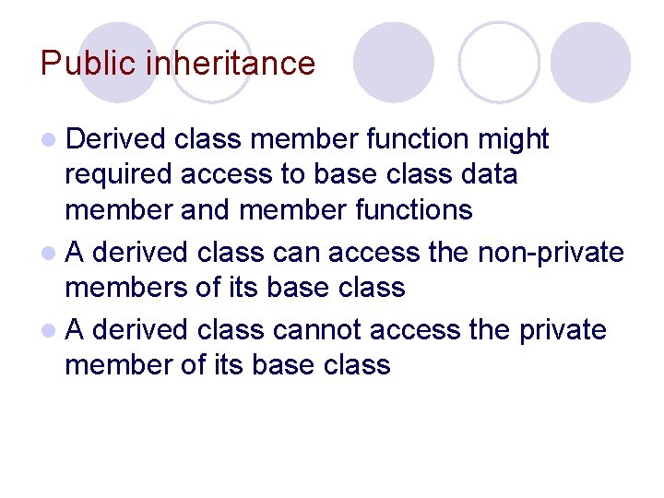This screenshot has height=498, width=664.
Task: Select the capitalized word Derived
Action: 115,139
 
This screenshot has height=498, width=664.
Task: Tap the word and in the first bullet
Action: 201,210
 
